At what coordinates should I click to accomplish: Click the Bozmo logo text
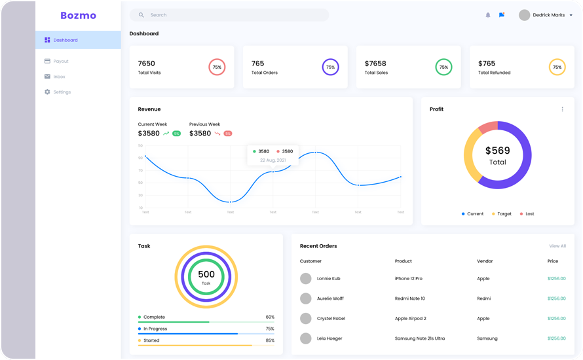pos(78,15)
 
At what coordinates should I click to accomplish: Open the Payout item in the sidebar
pos(60,61)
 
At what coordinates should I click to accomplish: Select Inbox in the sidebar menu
pos(59,77)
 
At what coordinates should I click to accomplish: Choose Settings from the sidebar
pos(62,92)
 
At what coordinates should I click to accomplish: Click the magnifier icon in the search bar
pos(141,15)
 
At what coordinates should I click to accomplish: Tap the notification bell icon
pos(487,15)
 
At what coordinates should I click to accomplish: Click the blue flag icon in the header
pos(502,15)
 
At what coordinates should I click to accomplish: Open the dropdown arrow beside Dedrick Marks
pos(571,15)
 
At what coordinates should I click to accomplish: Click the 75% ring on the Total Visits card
pos(217,67)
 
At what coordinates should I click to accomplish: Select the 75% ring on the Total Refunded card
pos(557,67)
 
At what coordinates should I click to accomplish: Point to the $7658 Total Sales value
pos(375,63)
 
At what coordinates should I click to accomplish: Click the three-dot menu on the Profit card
pos(562,109)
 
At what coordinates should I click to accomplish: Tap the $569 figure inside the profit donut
pos(497,151)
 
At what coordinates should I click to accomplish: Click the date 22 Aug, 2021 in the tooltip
pos(273,160)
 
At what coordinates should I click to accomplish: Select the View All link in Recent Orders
pos(557,246)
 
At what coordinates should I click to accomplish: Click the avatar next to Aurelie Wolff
pos(305,298)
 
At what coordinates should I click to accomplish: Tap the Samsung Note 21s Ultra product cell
pos(419,338)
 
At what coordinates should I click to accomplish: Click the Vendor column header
pos(485,261)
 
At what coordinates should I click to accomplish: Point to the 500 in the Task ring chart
pos(206,274)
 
